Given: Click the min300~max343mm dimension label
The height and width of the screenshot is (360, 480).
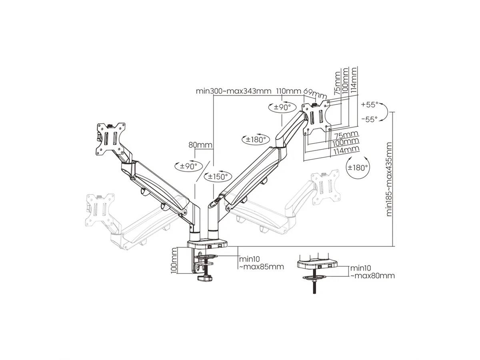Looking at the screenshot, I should [234, 91].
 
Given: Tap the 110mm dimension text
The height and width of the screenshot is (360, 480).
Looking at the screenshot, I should [288, 91].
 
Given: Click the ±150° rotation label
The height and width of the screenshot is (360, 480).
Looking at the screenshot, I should [218, 176].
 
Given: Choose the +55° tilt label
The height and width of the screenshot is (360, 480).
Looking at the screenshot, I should [369, 104].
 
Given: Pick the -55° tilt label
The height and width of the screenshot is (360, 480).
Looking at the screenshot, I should [369, 119].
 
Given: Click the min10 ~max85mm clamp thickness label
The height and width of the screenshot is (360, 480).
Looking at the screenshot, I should [261, 263].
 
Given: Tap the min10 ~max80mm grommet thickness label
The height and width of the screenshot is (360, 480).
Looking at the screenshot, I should [372, 272].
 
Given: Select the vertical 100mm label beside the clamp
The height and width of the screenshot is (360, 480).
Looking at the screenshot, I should [174, 261].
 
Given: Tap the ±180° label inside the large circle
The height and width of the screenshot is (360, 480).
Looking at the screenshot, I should [358, 168].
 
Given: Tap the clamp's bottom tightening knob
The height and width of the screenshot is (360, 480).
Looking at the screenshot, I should [204, 279].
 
